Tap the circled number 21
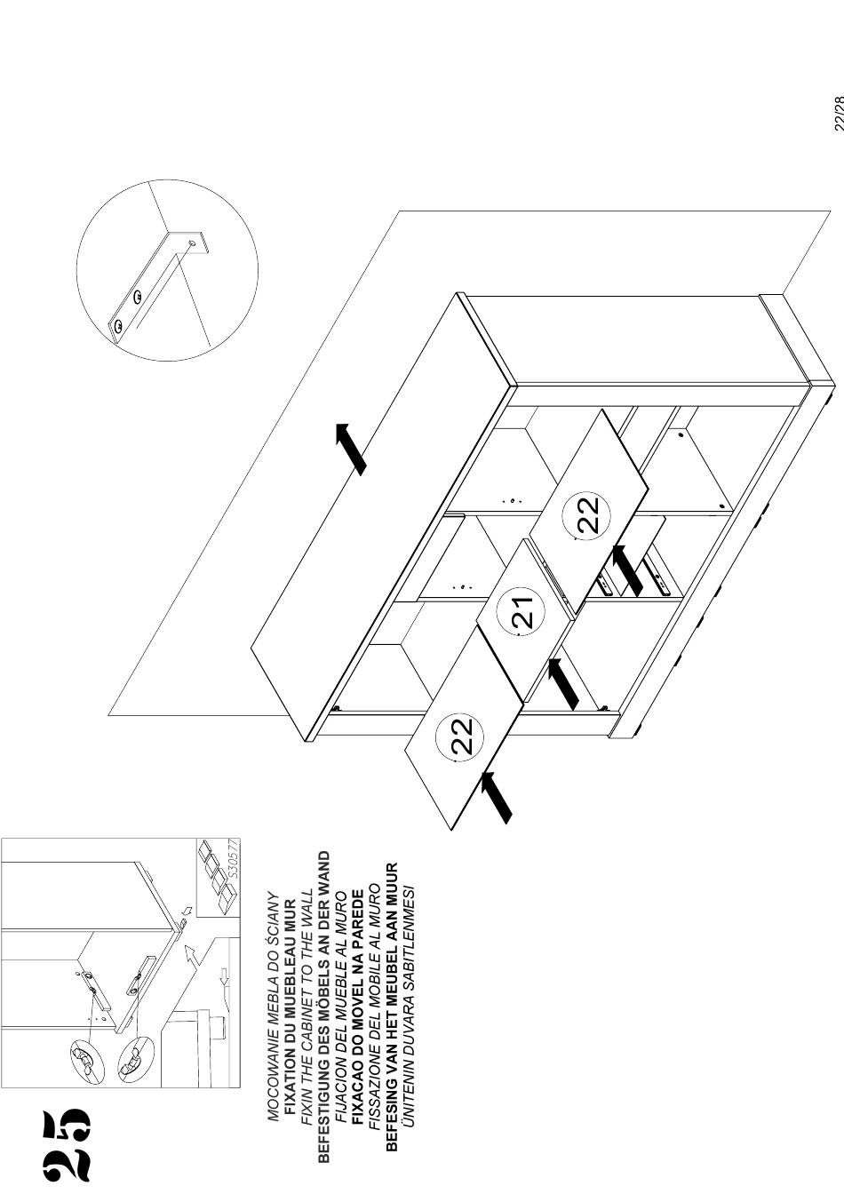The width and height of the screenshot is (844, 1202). (520, 612)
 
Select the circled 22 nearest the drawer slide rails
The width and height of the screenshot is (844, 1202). (587, 515)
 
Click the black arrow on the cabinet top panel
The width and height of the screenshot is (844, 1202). (351, 449)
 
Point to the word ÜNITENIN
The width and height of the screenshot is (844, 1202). (410, 1129)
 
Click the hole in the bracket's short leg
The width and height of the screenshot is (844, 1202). (192, 244)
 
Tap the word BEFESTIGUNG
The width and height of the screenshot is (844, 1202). (323, 1103)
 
